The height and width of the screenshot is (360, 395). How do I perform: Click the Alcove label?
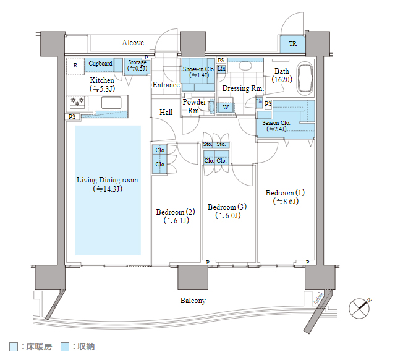(x=133, y=43)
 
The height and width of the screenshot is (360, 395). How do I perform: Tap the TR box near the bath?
(x=292, y=44)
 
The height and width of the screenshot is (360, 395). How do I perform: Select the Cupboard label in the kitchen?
(x=100, y=64)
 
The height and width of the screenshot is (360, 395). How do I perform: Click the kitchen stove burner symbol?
(x=78, y=101)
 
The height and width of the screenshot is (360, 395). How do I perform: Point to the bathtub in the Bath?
(x=305, y=79)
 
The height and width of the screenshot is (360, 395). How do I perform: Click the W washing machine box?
(x=226, y=107)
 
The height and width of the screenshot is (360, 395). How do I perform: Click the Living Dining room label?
(x=108, y=184)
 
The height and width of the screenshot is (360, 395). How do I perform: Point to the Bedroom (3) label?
(x=227, y=211)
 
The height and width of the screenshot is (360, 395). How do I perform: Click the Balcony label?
(x=193, y=301)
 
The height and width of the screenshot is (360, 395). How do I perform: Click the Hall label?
(x=166, y=113)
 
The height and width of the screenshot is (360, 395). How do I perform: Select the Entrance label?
(x=166, y=85)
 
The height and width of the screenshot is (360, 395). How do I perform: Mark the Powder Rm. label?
(x=194, y=106)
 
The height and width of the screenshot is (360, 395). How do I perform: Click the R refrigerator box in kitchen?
(x=75, y=65)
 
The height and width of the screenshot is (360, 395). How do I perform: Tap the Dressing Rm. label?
(x=243, y=88)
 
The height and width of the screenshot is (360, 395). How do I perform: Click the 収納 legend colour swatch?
(x=65, y=347)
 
